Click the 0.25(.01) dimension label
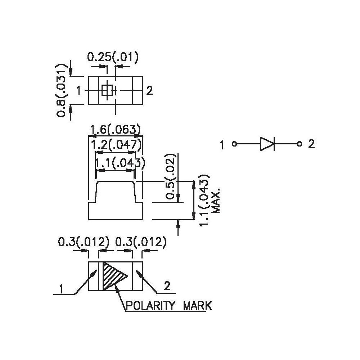pos(113,57)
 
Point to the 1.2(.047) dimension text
pos(116,145)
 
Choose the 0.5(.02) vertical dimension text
pos(172,176)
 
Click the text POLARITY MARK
pos(168,306)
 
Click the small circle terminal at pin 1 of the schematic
pos(234,144)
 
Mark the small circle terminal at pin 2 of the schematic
pos(299,144)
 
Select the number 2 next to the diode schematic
pos(311,144)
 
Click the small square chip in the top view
pos(107,90)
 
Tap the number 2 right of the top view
pos(150,91)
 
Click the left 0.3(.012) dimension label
pos(84,242)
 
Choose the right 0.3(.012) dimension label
pos(140,242)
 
